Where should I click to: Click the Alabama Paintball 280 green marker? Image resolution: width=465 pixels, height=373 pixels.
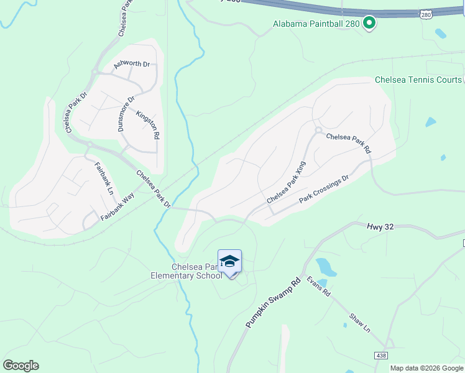[369, 24]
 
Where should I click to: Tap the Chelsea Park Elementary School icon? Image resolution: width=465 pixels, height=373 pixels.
[229, 262]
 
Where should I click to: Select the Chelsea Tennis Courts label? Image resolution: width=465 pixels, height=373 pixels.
[418, 80]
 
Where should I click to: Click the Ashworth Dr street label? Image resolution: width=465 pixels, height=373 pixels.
[132, 64]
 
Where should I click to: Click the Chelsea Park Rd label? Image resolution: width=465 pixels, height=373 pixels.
[348, 144]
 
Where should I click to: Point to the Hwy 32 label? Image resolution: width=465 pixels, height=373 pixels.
[380, 228]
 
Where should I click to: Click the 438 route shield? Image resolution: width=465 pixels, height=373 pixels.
[382, 355]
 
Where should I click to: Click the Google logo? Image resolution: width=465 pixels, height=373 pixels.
[21, 366]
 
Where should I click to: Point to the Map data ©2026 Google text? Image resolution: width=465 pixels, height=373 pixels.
[426, 368]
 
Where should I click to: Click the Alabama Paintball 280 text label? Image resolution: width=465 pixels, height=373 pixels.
[317, 24]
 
